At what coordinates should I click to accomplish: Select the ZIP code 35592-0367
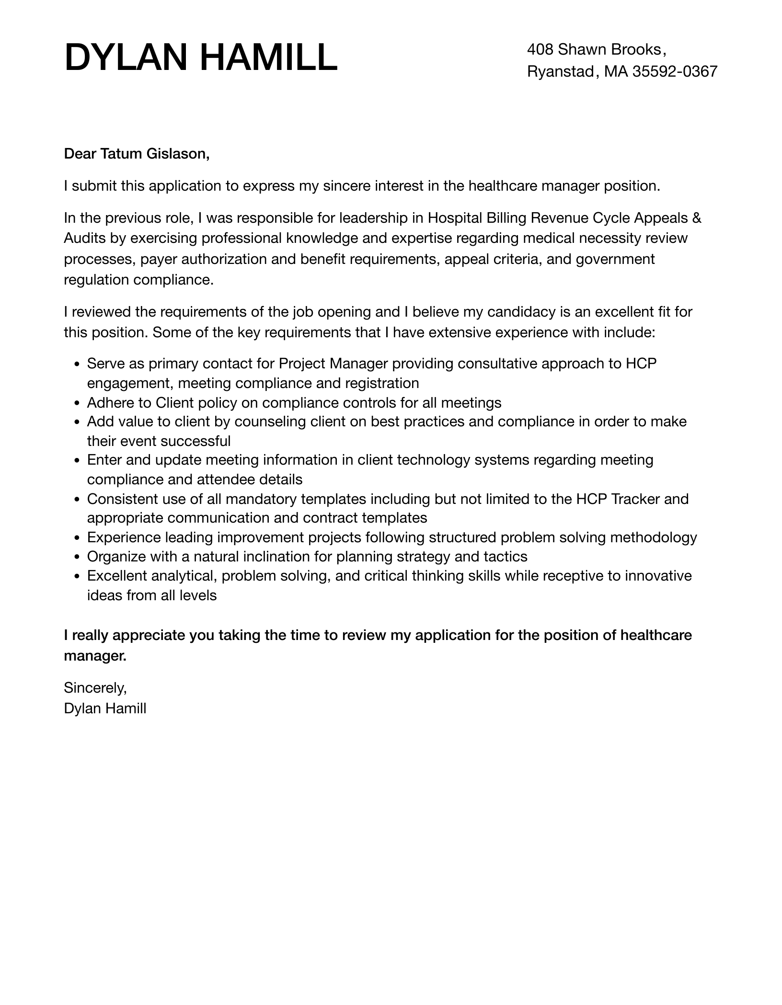pyautogui.click(x=675, y=71)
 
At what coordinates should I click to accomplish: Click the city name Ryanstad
pyautogui.click(x=560, y=71)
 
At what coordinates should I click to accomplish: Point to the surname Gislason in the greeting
pyautogui.click(x=178, y=154)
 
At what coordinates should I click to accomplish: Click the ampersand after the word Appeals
pyautogui.click(x=697, y=218)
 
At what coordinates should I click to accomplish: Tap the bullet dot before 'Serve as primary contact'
pyautogui.click(x=77, y=365)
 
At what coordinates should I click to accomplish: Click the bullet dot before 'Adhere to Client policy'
pyautogui.click(x=77, y=403)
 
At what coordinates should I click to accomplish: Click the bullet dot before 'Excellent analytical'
pyautogui.click(x=77, y=576)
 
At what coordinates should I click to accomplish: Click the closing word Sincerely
pyautogui.click(x=95, y=688)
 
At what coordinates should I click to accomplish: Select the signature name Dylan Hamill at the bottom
pyautogui.click(x=105, y=708)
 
